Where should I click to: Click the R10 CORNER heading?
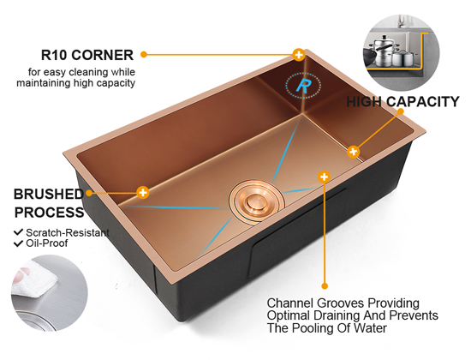[87, 55]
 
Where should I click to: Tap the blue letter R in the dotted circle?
[303, 86]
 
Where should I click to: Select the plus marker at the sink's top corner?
[299, 55]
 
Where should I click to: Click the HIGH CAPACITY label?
[402, 102]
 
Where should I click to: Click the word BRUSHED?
[48, 195]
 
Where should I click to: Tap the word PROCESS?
[50, 213]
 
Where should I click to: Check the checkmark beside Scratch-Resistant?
[18, 232]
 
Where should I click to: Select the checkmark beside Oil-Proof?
[18, 243]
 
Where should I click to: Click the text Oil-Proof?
[47, 243]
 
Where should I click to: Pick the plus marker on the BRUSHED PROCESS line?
[143, 193]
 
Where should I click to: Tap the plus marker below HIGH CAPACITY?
[354, 152]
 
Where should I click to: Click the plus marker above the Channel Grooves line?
[324, 177]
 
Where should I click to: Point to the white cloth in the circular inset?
[34, 279]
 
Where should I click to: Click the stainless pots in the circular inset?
[391, 52]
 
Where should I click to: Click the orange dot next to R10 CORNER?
[144, 55]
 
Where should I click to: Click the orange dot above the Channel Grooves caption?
[325, 286]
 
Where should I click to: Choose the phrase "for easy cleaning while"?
[81, 72]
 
